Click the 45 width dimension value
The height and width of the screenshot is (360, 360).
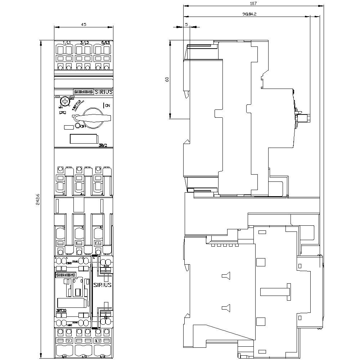(83, 24)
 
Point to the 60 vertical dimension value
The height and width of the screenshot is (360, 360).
(167, 80)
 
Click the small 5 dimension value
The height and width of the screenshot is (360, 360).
(186, 24)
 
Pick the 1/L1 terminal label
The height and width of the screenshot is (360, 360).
(66, 43)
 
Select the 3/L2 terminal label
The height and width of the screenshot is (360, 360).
(85, 43)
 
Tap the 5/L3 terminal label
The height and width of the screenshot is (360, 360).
(105, 43)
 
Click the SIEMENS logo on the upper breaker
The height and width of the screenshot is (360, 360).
(84, 92)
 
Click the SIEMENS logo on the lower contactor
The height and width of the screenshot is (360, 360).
(65, 275)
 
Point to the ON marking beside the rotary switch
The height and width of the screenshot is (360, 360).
(107, 105)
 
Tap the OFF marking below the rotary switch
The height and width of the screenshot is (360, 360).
(83, 126)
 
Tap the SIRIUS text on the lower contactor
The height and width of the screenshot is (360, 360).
(102, 284)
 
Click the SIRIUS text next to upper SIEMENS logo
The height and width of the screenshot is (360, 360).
(104, 92)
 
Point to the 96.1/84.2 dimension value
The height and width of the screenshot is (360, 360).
(249, 14)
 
